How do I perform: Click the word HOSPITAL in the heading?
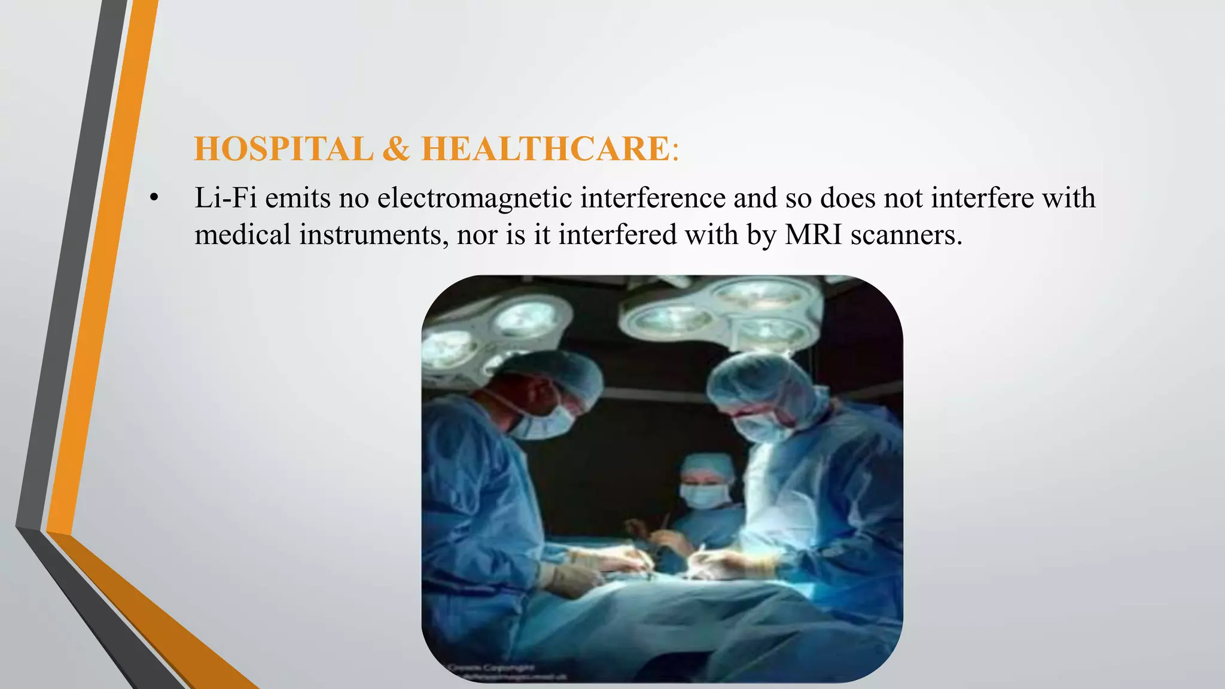coord(284,149)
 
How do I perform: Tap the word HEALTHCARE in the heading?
coord(545,149)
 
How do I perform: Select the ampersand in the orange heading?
coord(396,149)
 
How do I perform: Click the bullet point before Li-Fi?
coord(154,198)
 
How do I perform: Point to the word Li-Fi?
coord(226,198)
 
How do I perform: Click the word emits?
coord(298,198)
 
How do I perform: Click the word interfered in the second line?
coord(617,234)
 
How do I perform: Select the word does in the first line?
coord(847,198)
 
